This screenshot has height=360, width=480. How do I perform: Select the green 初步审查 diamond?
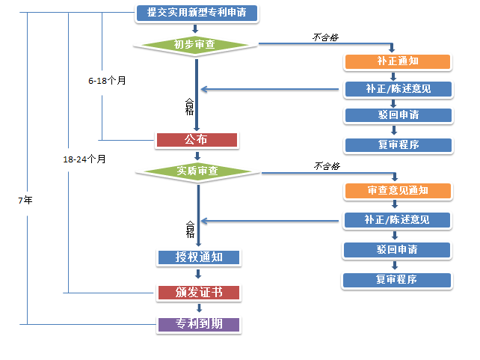click(195, 45)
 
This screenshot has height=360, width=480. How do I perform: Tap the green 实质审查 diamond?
click(197, 171)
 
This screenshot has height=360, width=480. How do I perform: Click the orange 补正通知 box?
click(398, 61)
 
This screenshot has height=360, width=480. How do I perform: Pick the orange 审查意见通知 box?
click(398, 190)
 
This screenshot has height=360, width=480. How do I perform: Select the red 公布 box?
click(197, 140)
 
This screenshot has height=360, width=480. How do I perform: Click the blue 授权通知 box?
click(199, 257)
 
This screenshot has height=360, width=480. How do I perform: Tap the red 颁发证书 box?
click(199, 292)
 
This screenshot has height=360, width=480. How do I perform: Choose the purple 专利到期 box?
click(199, 325)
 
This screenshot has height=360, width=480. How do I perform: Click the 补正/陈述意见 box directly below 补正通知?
click(398, 89)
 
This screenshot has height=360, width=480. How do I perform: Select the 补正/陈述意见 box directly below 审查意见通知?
click(398, 220)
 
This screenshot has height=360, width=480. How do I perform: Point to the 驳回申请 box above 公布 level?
click(398, 115)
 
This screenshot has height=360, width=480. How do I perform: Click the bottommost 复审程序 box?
click(397, 280)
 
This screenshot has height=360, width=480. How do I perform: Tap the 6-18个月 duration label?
click(107, 79)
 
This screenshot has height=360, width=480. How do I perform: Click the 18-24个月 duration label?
click(84, 159)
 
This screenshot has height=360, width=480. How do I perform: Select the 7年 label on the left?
click(25, 201)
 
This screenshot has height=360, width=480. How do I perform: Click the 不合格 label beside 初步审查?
click(324, 36)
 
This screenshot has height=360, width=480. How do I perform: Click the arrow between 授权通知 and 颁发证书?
click(199, 275)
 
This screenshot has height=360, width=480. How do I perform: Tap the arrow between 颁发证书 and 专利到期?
click(199, 308)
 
